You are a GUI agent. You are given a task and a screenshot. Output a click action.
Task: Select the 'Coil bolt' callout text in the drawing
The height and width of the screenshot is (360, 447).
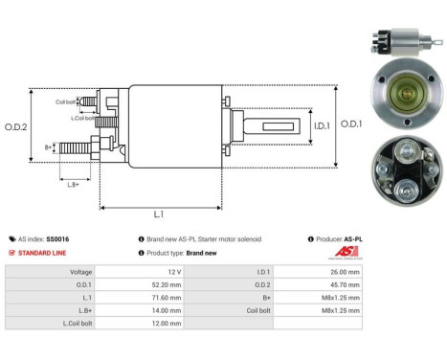[x=66, y=101]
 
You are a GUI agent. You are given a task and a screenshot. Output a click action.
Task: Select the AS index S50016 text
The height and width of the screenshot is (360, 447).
[x=48, y=238]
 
